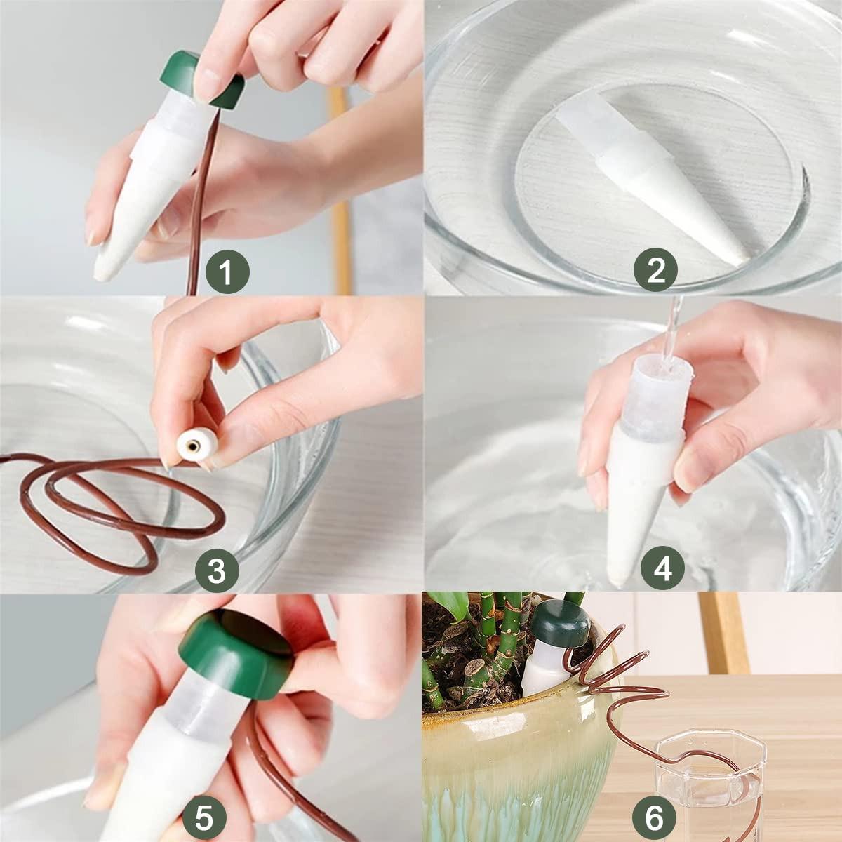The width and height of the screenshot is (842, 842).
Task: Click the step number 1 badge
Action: pyautogui.click(x=227, y=271)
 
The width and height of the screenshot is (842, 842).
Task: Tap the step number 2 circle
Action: pyautogui.click(x=656, y=269)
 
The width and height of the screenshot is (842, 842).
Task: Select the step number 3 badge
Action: pyautogui.click(x=217, y=570)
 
